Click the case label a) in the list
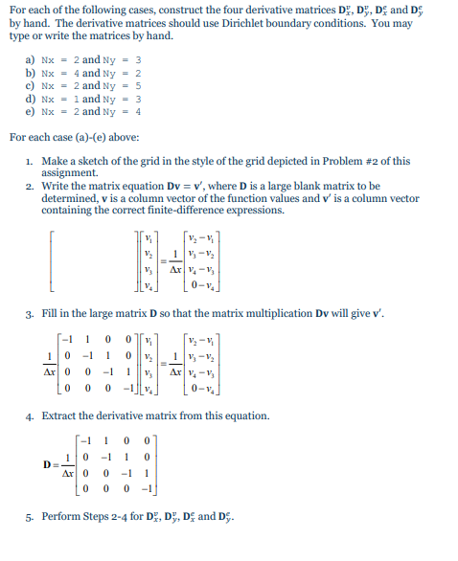(x=30, y=59)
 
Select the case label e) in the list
(x=30, y=109)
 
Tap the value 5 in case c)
(x=138, y=84)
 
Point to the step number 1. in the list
(x=31, y=160)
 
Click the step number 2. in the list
(x=31, y=186)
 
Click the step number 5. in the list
(x=31, y=521)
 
